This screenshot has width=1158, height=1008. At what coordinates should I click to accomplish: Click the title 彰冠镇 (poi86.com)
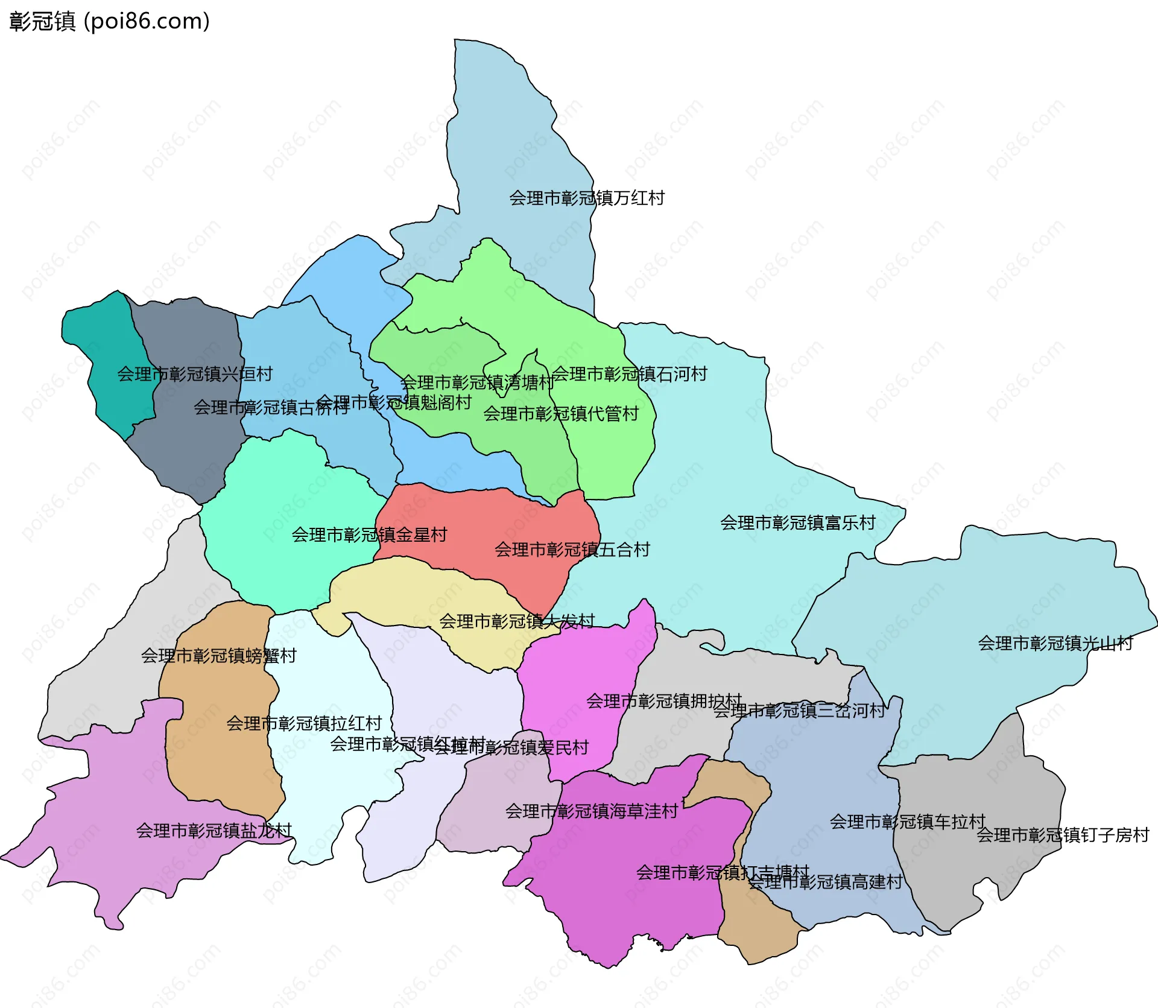pos(109,21)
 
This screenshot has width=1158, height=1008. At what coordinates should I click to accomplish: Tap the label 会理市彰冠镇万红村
pos(586,198)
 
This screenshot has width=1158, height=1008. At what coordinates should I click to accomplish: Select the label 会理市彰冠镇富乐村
pos(797,522)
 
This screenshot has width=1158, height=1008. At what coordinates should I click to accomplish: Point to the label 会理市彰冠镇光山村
pos(1055,643)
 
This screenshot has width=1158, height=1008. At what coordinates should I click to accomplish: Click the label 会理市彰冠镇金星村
pos(369,534)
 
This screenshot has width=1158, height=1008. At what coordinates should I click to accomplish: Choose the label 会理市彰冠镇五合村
pos(572,549)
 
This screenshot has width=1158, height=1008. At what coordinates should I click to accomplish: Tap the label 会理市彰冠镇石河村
pos(629,374)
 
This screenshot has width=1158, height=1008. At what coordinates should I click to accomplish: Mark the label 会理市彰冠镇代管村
pos(560,414)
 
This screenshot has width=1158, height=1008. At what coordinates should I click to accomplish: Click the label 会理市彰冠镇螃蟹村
pos(218,655)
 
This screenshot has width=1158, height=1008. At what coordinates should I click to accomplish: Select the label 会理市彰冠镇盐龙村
pos(214,831)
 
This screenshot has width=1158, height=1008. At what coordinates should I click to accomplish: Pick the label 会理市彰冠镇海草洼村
pos(591,811)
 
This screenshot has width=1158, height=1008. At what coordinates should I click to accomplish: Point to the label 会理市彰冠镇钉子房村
pos(1063,835)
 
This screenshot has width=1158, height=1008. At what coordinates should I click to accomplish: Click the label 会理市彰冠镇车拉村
pos(907,822)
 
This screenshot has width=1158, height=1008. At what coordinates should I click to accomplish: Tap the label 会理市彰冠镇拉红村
pos(304,723)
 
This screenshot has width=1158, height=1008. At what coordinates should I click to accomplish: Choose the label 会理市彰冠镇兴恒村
pos(194,374)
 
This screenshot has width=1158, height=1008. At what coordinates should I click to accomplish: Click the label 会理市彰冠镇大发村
pos(516,621)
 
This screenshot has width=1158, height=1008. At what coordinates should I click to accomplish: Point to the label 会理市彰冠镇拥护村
pos(663,701)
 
